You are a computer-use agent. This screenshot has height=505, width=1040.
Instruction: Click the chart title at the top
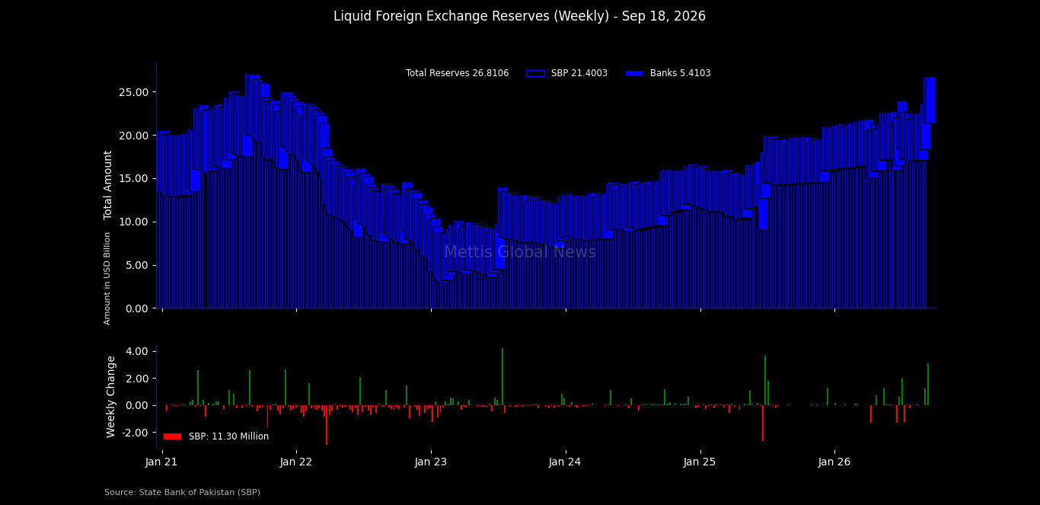[519, 16]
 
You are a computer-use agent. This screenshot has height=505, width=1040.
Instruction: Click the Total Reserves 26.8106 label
[457, 73]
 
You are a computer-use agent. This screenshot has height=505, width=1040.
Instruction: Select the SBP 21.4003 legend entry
[567, 73]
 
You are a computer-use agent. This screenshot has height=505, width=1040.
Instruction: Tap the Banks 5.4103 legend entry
[668, 73]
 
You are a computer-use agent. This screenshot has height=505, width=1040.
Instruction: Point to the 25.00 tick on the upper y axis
[134, 92]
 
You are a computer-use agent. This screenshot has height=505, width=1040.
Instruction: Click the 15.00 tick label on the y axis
[134, 178]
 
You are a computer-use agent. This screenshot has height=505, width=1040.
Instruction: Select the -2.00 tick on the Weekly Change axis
[135, 433]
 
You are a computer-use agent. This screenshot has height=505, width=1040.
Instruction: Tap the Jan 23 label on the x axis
[430, 462]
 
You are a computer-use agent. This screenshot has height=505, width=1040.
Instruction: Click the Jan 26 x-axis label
[834, 462]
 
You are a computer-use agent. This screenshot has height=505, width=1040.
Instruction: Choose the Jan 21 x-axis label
[161, 462]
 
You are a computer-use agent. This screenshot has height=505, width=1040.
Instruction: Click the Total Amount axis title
[107, 185]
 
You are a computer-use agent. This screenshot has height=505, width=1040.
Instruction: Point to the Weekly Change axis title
[110, 397]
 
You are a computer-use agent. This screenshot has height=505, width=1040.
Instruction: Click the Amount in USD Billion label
[107, 279]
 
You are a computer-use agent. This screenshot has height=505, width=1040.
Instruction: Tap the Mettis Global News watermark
[520, 252]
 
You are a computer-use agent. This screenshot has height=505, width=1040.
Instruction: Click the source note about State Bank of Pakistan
[182, 492]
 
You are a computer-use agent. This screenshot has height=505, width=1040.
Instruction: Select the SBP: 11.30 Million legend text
[228, 436]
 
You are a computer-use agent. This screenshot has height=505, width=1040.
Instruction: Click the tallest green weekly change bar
[502, 377]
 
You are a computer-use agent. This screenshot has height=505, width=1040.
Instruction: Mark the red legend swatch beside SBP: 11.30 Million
[172, 436]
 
